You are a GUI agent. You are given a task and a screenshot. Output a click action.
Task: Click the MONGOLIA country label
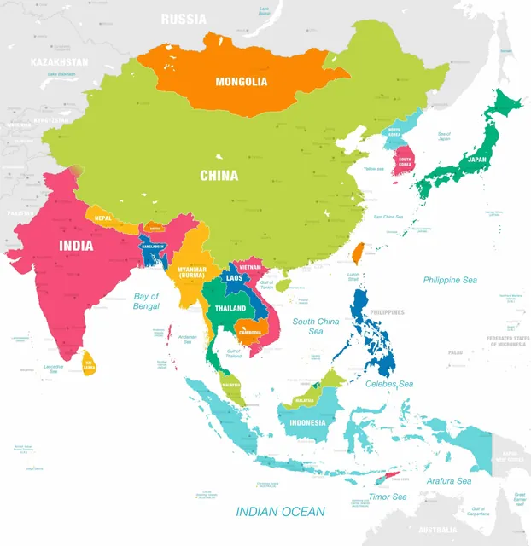point(242,82)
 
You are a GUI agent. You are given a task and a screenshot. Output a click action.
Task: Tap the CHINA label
point(219,176)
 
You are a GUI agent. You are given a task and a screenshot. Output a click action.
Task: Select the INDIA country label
point(77,245)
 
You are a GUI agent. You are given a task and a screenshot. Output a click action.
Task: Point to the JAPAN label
point(477,159)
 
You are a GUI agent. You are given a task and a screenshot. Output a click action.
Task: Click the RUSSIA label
point(184,18)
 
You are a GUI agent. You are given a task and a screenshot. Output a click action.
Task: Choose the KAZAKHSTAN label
point(59,62)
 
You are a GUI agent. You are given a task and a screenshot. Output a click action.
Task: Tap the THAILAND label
point(230,308)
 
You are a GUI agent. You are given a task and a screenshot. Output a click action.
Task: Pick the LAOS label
point(233,277)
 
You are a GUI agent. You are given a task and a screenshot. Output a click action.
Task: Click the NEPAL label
point(104,218)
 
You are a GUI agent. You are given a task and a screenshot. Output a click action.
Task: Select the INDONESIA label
point(307,422)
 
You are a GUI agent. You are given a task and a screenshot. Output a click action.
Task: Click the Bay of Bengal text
point(147,300)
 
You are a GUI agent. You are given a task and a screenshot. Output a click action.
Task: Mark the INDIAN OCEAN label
point(281,511)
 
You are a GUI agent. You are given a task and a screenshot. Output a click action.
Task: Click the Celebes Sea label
point(388,384)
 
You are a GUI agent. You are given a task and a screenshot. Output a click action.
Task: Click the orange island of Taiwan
point(359,253)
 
